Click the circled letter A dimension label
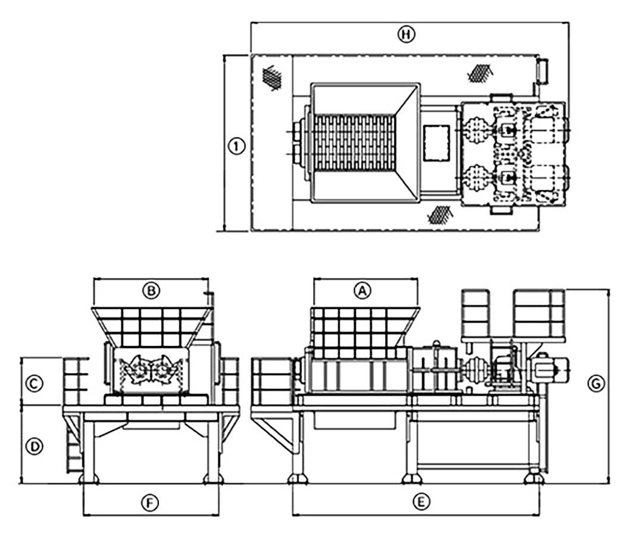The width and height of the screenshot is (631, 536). pos(362,291)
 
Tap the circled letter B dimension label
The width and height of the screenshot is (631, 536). pos(151,291)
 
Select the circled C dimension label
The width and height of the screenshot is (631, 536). pos(34,383)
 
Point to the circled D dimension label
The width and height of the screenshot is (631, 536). pos(34,446)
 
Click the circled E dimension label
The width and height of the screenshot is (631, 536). pos(421,502)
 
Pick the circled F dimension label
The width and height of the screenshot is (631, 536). pos(150,503)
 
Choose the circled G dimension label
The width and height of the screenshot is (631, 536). pos(596,384)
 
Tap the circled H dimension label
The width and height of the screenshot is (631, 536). pos(406,34)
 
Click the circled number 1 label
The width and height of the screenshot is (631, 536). pos(236,146)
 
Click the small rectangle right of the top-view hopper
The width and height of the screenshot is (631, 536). pos(436,143)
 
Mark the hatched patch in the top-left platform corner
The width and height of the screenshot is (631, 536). pos(272,77)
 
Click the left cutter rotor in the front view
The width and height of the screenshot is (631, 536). pos(137,369)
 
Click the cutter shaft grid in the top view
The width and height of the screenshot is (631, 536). pos(354,143)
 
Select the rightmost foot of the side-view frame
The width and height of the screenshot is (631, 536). pos(533,478)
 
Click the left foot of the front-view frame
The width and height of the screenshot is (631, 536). pos(89,478)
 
